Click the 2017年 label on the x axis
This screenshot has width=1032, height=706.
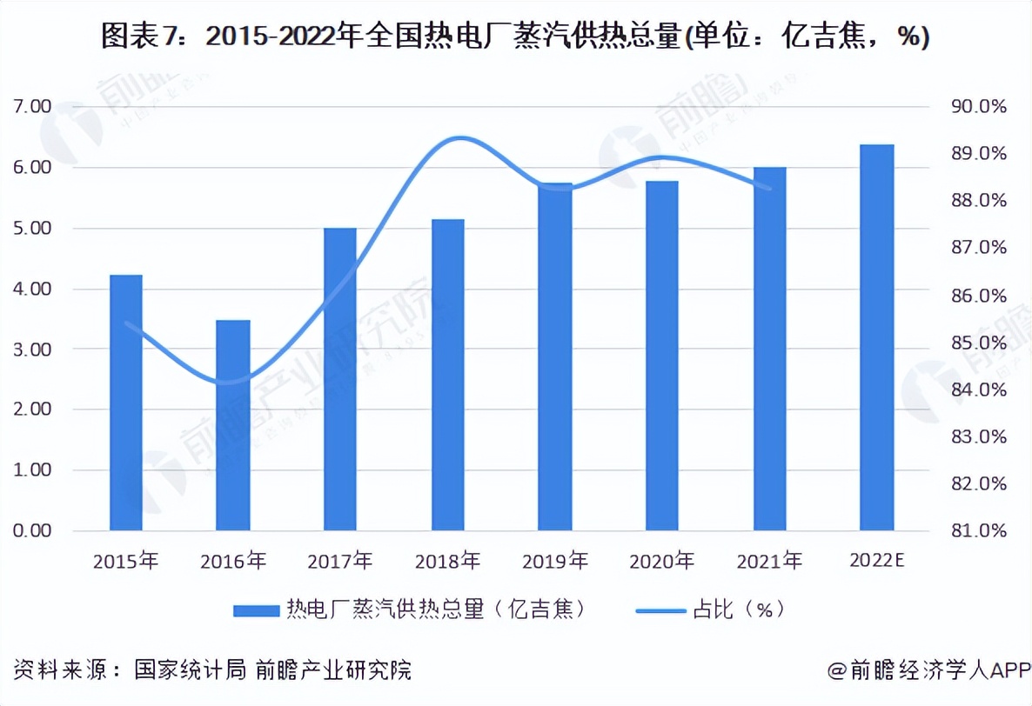(x=340, y=562)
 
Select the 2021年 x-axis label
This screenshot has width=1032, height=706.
(x=769, y=562)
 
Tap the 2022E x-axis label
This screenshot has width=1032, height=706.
(x=877, y=562)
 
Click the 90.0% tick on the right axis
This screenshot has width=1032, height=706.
(x=979, y=107)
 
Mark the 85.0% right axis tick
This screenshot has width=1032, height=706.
(x=979, y=343)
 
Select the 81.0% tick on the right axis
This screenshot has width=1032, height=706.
(x=979, y=530)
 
